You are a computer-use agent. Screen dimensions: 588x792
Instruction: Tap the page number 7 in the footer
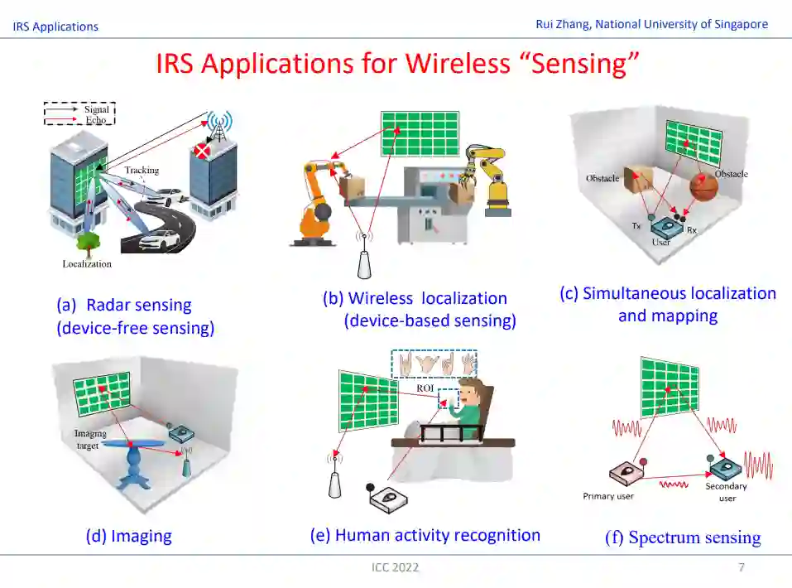pos(742,567)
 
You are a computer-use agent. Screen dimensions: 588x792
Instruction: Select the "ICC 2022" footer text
pos(395,567)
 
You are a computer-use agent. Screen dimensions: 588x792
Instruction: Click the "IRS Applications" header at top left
pos(55,27)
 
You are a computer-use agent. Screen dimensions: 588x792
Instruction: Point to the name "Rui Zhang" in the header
pos(564,24)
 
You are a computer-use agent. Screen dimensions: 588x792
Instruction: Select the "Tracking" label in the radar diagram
pos(142,171)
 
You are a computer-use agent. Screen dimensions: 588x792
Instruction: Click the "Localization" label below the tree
pos(87,264)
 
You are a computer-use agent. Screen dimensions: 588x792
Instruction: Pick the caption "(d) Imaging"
pos(128,536)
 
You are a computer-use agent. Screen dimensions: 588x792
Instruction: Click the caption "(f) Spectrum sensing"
pos(683,537)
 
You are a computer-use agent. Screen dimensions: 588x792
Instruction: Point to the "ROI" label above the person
pos(425,388)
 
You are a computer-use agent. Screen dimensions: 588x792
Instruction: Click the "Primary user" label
pos(608,496)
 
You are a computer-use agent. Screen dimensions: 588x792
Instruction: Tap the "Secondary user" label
pos(727,492)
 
